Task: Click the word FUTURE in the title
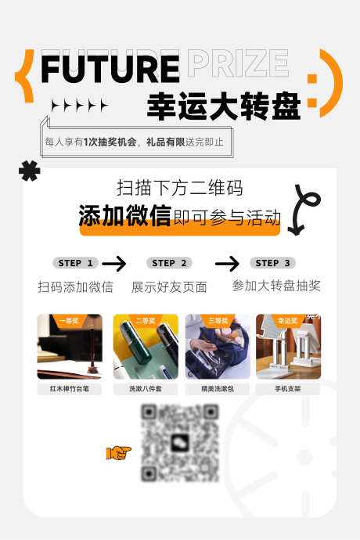(x=109, y=68)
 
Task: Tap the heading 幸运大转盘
(x=224, y=106)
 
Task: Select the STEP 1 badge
(x=76, y=263)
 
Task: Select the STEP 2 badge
(x=169, y=263)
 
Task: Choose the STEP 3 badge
(x=272, y=263)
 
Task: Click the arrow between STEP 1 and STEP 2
(x=114, y=263)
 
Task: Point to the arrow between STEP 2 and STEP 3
(x=227, y=263)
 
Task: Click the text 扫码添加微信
(x=75, y=287)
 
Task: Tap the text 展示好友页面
(x=169, y=287)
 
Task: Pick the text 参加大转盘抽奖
(x=276, y=286)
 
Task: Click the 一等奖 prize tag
(x=68, y=321)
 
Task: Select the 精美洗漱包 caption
(x=218, y=388)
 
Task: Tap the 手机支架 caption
(x=287, y=388)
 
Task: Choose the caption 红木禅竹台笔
(x=69, y=388)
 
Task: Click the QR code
(x=180, y=442)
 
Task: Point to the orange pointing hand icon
(x=119, y=452)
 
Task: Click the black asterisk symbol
(x=30, y=171)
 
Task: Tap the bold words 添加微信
(x=124, y=216)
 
